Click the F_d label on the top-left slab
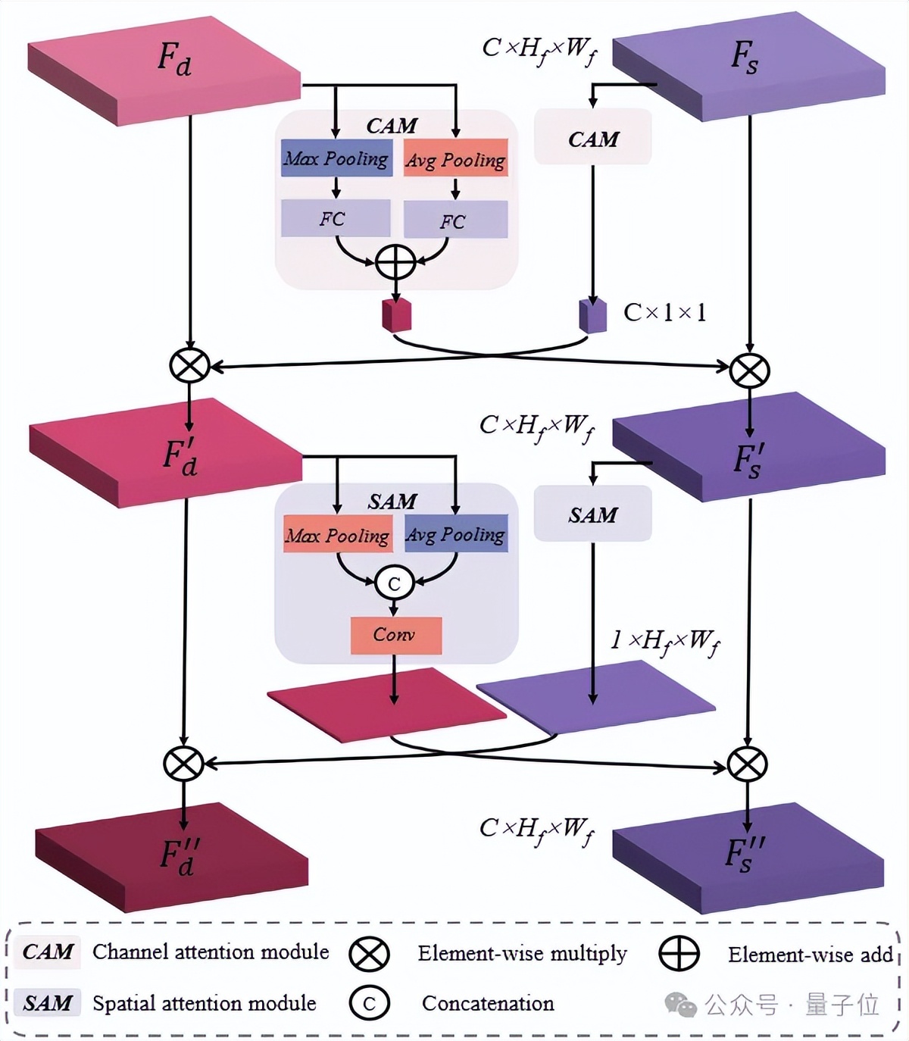pos(174,59)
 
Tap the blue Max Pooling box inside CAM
pos(336,158)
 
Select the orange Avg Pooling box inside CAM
pos(455,159)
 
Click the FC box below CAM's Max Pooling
pos(335,218)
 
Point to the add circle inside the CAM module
pos(395,263)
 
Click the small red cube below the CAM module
pos(396,314)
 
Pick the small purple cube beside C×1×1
pos(593,315)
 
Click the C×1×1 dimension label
pos(664,312)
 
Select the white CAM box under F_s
pos(592,138)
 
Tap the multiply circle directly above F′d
pos(189,365)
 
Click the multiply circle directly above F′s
pos(749,370)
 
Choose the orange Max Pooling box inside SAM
pos(338,535)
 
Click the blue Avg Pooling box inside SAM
pos(455,534)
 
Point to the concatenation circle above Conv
pos(394,583)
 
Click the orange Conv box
pos(395,635)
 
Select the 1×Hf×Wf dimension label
pos(664,642)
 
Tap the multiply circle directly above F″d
pos(183,763)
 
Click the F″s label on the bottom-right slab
pos(744,852)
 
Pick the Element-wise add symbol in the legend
pos(679,954)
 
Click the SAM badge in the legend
pos(47,1003)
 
